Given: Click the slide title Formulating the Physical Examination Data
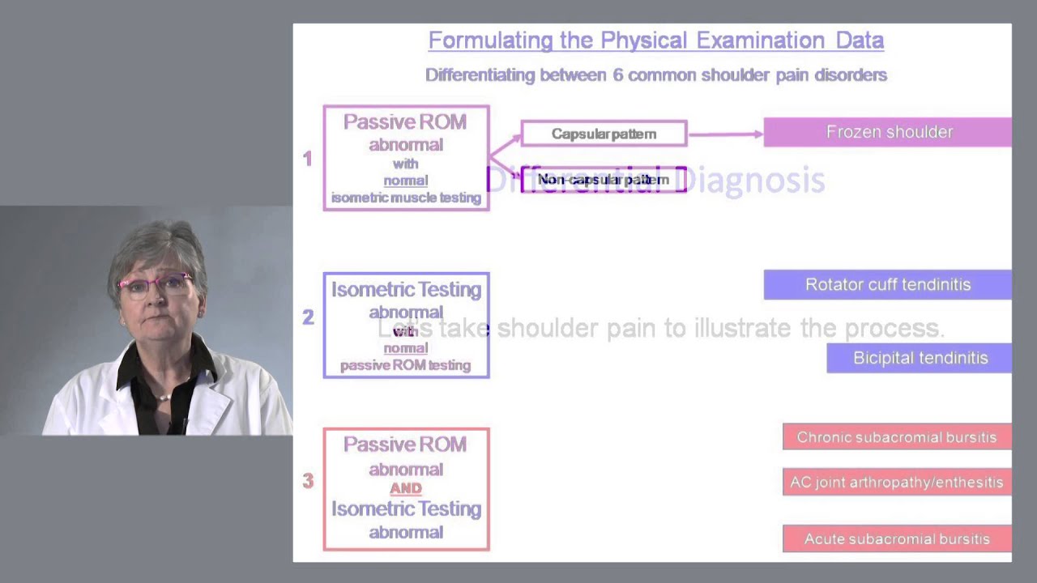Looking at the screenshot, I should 655,40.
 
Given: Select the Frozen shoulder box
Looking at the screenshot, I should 888,132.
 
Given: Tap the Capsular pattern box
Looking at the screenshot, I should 604,134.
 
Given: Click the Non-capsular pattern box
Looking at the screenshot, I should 604,180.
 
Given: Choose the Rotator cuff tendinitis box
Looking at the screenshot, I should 888,284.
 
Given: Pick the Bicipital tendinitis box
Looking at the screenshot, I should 920,358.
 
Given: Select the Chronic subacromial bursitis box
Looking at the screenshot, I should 897,437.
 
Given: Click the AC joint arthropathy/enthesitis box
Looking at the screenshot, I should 897,483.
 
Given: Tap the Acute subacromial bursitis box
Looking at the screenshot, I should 897,538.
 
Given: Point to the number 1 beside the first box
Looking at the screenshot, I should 307,160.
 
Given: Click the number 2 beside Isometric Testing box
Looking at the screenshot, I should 308,317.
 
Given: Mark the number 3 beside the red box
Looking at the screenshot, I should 308,481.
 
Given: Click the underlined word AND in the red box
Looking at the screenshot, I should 406,488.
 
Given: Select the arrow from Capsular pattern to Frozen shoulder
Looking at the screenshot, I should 725,134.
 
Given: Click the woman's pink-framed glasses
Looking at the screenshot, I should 156,283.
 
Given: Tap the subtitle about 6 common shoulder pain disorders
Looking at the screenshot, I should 655,75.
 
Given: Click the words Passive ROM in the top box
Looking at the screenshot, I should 405,122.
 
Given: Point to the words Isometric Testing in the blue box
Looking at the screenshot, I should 406,290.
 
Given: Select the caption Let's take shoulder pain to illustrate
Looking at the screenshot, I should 660,328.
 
